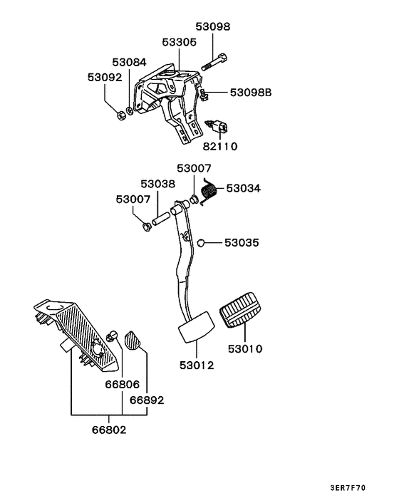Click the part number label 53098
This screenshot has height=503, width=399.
tap(213, 26)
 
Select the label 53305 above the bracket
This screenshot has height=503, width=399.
tap(179, 42)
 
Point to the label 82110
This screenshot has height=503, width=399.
tap(220, 146)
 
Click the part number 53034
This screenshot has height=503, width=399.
tap(244, 189)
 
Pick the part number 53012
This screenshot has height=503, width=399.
tap(196, 365)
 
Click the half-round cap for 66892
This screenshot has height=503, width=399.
tap(133, 340)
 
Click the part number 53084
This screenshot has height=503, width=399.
tap(129, 63)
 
